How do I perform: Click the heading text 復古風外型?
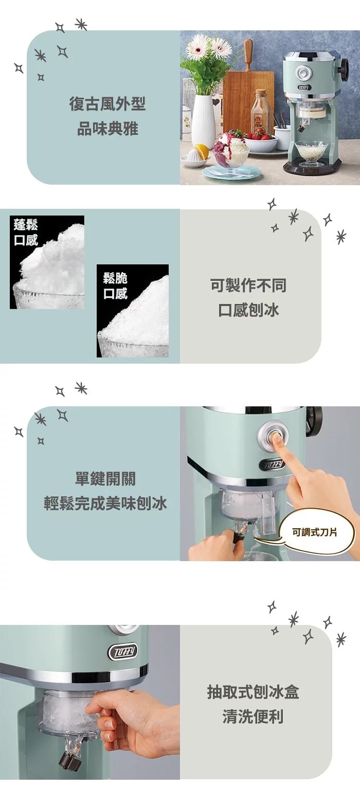tap(107, 104)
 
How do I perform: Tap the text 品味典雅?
tap(107, 129)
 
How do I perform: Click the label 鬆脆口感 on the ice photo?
tap(115, 285)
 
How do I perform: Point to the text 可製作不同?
tap(248, 285)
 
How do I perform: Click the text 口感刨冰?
tap(248, 310)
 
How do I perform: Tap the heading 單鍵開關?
tap(105, 479)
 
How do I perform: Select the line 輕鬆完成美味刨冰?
tap(105, 504)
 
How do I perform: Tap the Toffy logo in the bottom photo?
tap(123, 652)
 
